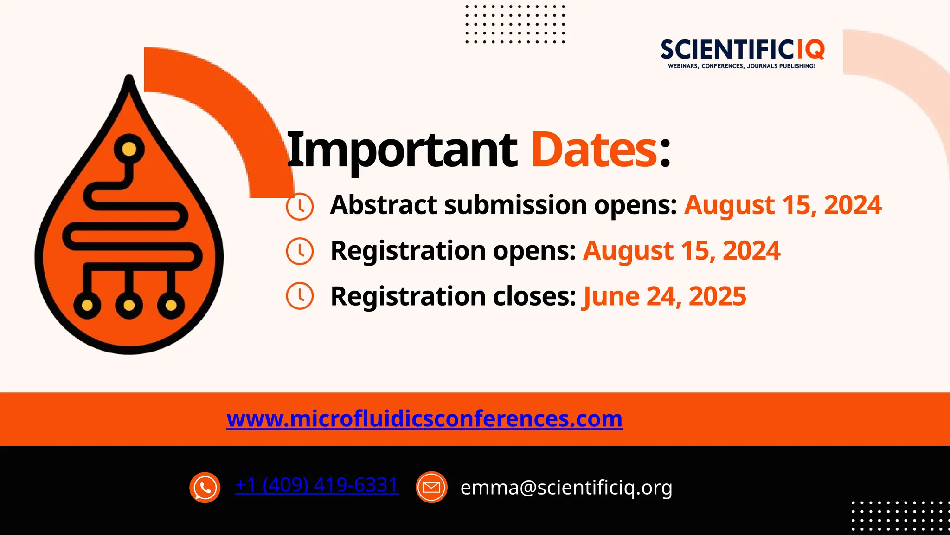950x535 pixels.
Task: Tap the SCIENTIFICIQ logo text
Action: click(742, 50)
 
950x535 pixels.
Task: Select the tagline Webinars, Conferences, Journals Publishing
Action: click(741, 66)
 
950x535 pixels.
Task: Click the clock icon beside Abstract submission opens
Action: click(300, 206)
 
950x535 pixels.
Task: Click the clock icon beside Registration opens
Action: click(300, 251)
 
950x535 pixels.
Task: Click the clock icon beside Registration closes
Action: click(300, 295)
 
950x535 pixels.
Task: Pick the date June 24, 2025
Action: click(664, 296)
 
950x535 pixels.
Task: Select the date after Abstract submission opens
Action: click(783, 205)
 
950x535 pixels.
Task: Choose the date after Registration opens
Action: click(681, 251)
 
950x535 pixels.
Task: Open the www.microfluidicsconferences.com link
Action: click(424, 418)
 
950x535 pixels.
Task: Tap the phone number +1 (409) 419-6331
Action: click(317, 485)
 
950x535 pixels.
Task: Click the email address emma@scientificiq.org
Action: click(566, 488)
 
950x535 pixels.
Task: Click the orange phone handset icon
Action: click(205, 488)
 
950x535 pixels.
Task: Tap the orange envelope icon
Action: click(431, 488)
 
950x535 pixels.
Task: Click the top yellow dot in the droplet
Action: click(129, 149)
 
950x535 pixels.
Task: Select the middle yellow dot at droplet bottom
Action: click(129, 305)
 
